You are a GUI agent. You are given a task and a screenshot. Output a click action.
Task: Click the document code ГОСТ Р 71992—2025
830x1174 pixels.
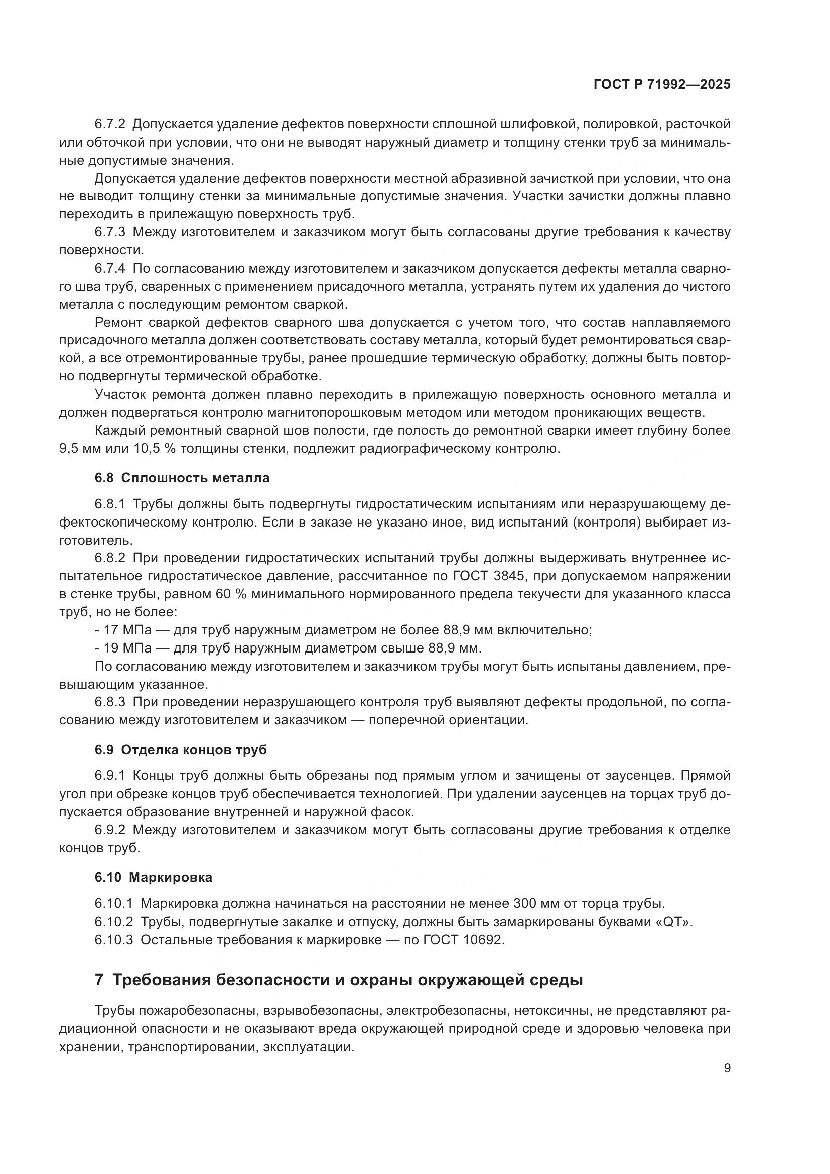coord(662,85)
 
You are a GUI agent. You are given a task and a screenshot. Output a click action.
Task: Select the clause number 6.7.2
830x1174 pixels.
coord(110,124)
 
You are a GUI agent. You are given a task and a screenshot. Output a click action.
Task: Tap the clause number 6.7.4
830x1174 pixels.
coord(110,269)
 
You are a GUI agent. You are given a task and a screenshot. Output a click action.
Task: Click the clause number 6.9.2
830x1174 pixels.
coord(110,829)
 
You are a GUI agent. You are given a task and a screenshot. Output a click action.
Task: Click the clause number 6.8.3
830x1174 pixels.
coord(110,702)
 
